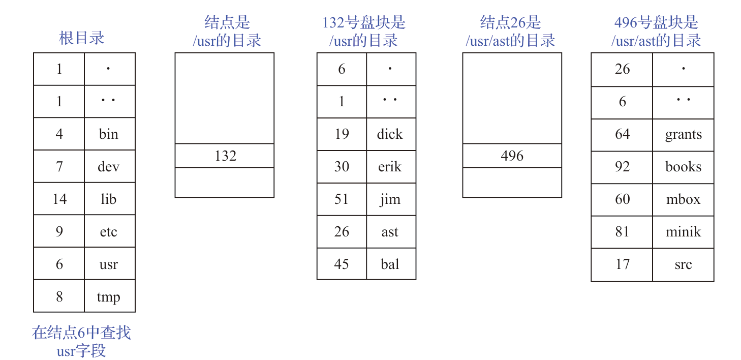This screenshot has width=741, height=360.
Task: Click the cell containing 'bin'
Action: (108, 134)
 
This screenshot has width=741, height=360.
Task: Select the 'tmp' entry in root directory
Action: (108, 297)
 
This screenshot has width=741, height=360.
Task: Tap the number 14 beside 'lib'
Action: (59, 199)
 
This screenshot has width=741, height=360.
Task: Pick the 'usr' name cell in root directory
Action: (108, 264)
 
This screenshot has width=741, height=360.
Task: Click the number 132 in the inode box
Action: (225, 156)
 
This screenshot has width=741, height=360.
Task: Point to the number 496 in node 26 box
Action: (512, 156)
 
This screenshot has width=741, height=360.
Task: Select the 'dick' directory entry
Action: (390, 134)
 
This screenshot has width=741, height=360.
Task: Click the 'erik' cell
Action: (390, 166)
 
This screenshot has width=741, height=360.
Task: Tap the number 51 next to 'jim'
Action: (342, 199)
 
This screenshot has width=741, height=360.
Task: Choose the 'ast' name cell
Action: (390, 232)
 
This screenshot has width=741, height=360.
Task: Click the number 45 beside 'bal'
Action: (342, 264)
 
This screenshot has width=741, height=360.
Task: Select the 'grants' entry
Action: (684, 135)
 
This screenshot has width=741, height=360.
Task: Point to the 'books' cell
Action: (684, 166)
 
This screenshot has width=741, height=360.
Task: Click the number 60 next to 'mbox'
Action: (622, 199)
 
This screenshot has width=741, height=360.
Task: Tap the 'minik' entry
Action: (684, 232)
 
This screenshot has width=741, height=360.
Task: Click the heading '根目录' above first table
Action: (82, 38)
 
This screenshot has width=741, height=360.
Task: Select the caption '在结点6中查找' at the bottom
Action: (81, 333)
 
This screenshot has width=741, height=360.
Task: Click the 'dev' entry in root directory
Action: (108, 166)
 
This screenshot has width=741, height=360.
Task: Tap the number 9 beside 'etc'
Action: (59, 232)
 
